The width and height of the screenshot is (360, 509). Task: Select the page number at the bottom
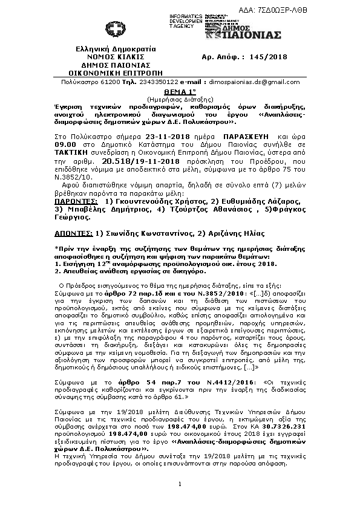(x=180, y=484)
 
